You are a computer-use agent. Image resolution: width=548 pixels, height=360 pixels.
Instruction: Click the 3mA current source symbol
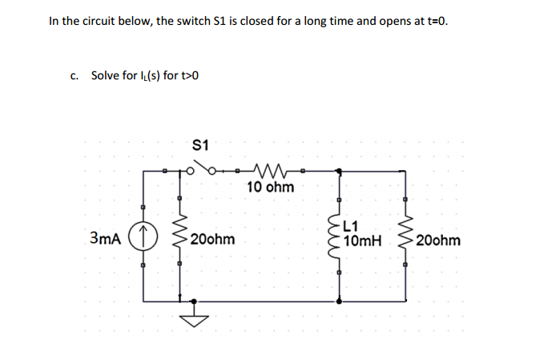pyautogui.click(x=144, y=238)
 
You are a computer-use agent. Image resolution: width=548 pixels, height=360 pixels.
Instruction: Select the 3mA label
pyautogui.click(x=106, y=238)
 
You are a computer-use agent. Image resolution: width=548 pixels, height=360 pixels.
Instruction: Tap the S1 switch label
pyautogui.click(x=201, y=145)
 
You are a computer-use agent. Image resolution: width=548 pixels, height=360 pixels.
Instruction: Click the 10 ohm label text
pyautogui.click(x=270, y=188)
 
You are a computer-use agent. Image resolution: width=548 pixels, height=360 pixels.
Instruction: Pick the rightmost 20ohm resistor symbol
pyautogui.click(x=405, y=238)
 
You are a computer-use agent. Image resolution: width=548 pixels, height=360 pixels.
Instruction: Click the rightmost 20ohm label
pyautogui.click(x=438, y=240)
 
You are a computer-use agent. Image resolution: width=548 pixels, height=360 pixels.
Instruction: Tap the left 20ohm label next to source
pyautogui.click(x=213, y=239)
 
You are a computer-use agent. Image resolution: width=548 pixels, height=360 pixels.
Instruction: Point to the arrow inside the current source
pyautogui.click(x=144, y=237)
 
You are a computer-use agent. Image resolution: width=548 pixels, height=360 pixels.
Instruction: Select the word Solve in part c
pyautogui.click(x=106, y=75)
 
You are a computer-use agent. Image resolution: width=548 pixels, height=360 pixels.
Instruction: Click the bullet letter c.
pyautogui.click(x=75, y=75)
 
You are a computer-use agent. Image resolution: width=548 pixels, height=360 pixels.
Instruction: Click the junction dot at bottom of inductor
pyautogui.click(x=339, y=301)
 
